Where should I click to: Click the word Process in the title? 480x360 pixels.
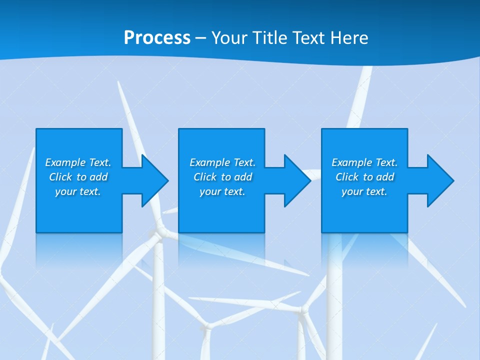pos(157,38)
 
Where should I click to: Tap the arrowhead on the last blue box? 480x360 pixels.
pos(440,180)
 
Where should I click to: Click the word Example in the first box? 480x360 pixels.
pos(65,162)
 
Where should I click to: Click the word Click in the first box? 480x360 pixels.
pos(60,177)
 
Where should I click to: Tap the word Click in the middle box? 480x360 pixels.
pos(204,177)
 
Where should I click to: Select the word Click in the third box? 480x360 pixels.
pos(346,177)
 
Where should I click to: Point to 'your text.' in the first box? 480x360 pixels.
pos(78,191)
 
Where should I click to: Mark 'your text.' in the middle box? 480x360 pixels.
pos(222,191)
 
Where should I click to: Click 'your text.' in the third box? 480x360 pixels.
pos(364,191)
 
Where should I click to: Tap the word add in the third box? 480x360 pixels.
pos(385,177)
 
